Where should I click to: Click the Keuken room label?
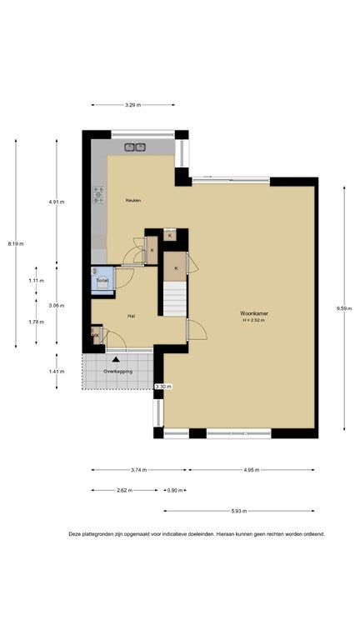click(133, 200)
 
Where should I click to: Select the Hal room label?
click(131, 316)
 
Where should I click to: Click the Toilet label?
click(102, 281)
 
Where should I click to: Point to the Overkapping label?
click(118, 372)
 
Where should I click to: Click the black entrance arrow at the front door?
click(117, 359)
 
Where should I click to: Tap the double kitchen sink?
click(136, 147)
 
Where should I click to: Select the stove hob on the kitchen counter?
click(98, 195)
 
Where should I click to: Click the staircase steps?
click(175, 298)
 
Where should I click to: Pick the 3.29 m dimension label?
click(132, 105)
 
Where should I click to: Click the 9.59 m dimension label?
click(344, 308)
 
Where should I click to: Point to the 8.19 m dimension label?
click(16, 244)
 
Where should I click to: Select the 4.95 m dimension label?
click(252, 470)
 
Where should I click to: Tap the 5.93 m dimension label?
click(239, 511)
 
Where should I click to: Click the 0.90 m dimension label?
click(172, 490)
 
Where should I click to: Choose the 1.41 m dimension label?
click(57, 372)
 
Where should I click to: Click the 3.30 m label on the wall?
click(163, 386)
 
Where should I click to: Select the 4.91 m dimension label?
click(57, 202)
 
